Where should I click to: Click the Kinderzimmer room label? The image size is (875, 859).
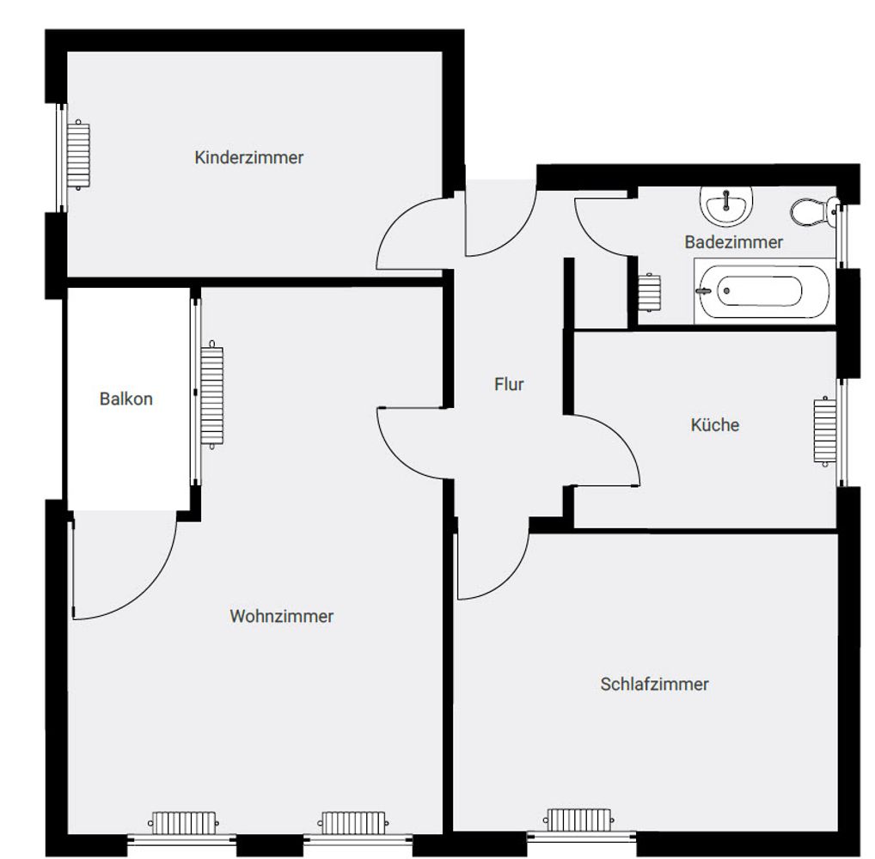249,157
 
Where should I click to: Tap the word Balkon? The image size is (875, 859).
126,399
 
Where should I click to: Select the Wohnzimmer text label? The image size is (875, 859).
282,616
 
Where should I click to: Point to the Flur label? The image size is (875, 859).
509,384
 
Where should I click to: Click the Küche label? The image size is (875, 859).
715,424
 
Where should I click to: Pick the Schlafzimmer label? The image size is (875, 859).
655,684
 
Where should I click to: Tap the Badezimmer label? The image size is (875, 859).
734,242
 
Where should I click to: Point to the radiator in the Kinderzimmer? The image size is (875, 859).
78,155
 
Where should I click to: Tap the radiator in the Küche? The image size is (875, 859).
825,430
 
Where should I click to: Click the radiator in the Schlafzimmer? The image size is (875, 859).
578,819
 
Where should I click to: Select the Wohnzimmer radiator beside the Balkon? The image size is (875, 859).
212,394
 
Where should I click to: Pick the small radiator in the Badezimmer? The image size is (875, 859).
650,292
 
